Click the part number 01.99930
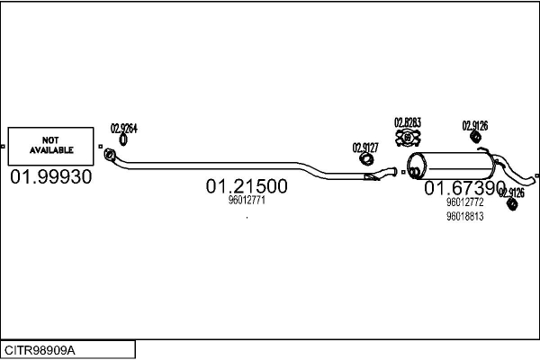50,177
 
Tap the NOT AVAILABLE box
50,145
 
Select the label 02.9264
123,128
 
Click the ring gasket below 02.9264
123,140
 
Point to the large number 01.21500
247,187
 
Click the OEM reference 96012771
247,201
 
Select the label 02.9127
365,148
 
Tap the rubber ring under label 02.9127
367,159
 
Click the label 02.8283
408,122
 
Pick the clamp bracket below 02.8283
408,138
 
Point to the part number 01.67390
464,188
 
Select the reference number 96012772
464,203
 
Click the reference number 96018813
464,216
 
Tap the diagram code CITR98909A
40,349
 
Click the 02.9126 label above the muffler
475,126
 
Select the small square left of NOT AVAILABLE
4,145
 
